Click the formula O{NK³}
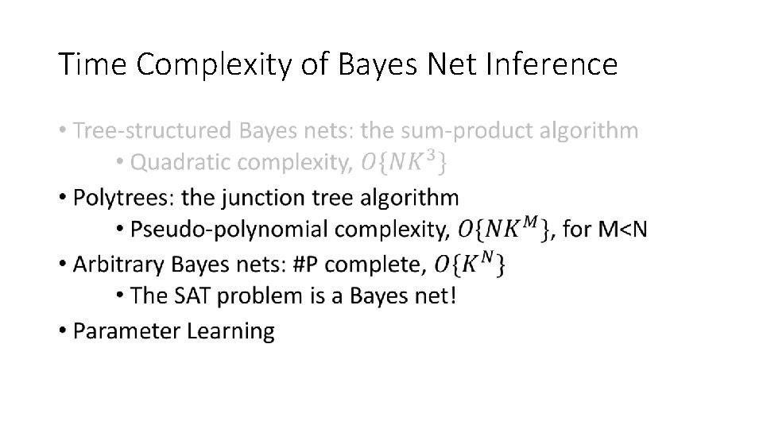coord(403,163)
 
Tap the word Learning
coord(230,330)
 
